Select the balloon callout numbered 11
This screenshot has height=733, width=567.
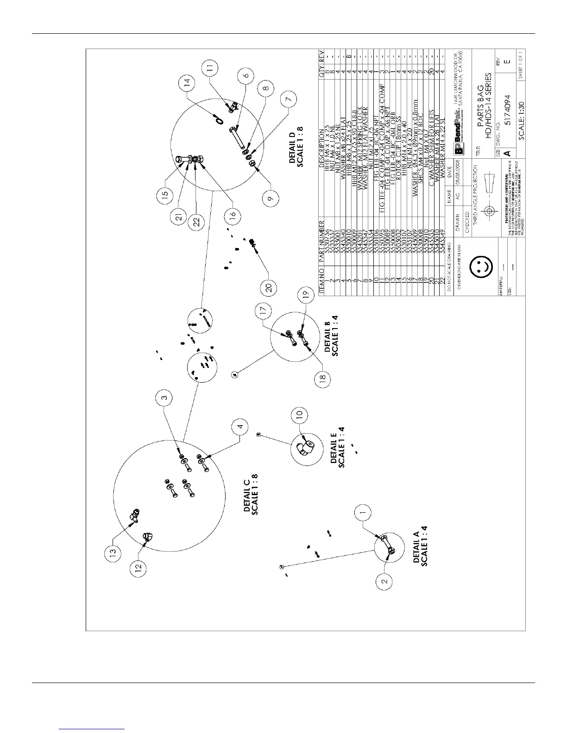(x=211, y=68)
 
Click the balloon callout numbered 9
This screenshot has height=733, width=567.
(x=271, y=198)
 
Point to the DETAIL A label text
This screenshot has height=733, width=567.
(x=421, y=547)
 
